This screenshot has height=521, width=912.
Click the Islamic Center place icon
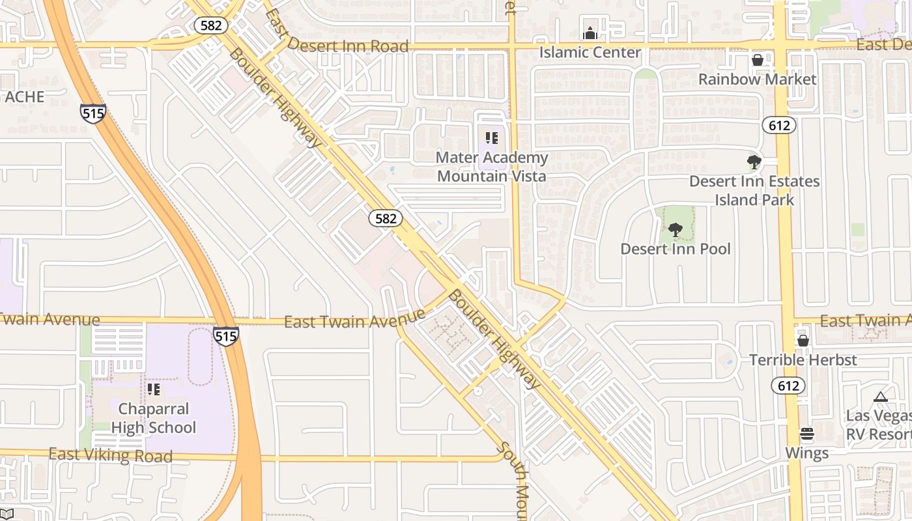click(590, 33)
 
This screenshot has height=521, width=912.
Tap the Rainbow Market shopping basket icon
click(758, 61)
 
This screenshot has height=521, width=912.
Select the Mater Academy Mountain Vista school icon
click(492, 138)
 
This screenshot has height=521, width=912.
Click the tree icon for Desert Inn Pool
click(676, 229)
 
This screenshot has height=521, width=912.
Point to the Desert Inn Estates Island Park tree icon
click(754, 162)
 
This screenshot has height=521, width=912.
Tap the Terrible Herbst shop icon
click(803, 341)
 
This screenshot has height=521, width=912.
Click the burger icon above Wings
click(807, 434)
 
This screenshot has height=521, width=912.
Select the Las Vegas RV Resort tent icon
click(881, 397)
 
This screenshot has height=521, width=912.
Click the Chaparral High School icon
click(154, 389)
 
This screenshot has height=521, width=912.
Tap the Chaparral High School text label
click(153, 418)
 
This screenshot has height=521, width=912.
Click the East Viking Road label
click(111, 455)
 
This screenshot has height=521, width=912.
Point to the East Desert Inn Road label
click(348, 46)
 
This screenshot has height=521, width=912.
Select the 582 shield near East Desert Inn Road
click(211, 25)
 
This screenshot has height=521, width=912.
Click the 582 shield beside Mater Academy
click(386, 218)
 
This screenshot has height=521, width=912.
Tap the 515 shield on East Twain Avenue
click(225, 336)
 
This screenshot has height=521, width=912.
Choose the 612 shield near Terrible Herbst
click(788, 386)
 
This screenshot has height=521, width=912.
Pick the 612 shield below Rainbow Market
click(779, 125)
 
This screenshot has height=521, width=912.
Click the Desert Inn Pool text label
click(676, 249)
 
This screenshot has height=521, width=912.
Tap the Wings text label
click(807, 453)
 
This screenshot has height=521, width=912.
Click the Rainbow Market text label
click(758, 79)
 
